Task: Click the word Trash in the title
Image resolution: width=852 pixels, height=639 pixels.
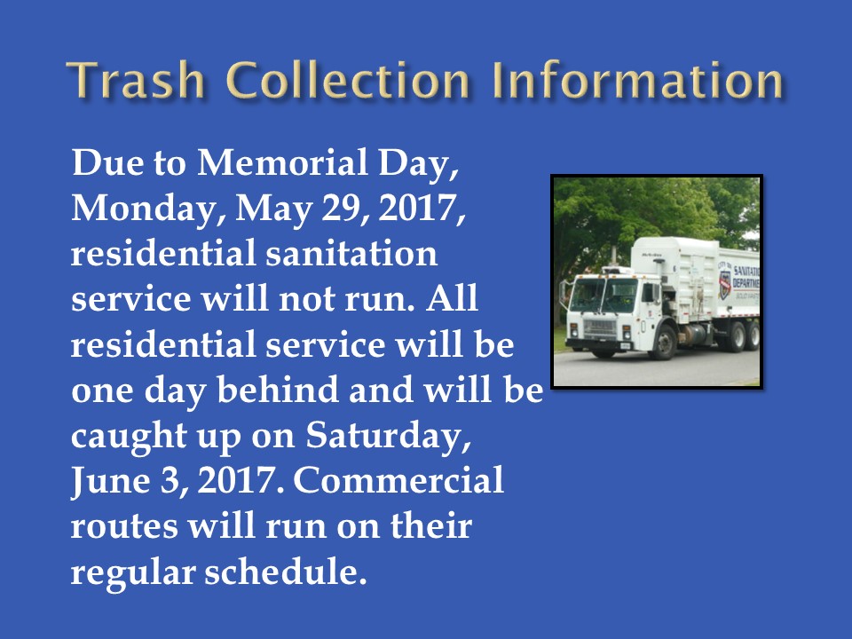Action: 135,81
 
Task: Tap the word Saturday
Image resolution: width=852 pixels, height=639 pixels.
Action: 388,437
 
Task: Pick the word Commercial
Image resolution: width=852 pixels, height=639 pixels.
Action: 398,480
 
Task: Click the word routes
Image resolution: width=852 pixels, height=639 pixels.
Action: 124,526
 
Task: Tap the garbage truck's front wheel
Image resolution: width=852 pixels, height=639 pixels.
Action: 664,343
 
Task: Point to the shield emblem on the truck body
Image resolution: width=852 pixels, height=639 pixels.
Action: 725,284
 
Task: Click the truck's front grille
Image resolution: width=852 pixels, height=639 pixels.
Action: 599,327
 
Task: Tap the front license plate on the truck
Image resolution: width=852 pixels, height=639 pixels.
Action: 625,345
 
